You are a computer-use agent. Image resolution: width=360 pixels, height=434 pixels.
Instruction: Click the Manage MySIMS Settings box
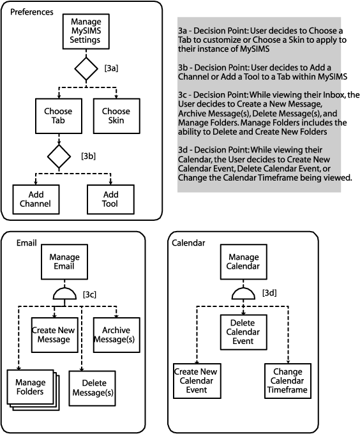coord(86,31)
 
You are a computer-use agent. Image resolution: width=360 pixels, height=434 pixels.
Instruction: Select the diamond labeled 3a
coord(86,69)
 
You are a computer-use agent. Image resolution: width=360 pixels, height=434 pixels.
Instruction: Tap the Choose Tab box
coord(59,116)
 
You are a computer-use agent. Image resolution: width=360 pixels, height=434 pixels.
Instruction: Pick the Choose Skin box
coord(117,116)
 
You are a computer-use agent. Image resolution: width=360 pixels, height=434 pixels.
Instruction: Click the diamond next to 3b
coord(59,156)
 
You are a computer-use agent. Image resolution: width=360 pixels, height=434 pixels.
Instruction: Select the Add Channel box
coord(36,199)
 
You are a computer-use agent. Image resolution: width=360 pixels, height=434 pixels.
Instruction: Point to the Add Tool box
coord(110,199)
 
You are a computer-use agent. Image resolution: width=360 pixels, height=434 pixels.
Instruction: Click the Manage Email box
coord(64,262)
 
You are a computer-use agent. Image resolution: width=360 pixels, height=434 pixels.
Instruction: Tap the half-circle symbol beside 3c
coord(64,294)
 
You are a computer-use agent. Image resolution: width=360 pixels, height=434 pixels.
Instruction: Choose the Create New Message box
coord(54,335)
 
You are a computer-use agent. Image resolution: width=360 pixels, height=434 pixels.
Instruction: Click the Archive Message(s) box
coord(117,335)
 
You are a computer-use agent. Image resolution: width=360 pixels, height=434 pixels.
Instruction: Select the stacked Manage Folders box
coord(33,390)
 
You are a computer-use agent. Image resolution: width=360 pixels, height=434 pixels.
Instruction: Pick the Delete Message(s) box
coord(92,388)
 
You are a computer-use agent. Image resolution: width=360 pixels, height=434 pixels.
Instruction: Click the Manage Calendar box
coord(243,262)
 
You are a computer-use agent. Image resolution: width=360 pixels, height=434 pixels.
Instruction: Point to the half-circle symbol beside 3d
coord(243,294)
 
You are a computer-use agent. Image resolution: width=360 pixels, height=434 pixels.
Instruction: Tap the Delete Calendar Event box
coord(243,332)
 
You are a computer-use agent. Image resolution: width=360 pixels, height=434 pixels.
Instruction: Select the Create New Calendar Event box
coord(197,381)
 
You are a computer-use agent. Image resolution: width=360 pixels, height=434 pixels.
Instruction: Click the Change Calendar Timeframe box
coord(288,381)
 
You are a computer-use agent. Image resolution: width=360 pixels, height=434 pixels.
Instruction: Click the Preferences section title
coord(32,12)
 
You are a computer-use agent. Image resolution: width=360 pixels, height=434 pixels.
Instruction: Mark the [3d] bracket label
coord(269,292)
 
